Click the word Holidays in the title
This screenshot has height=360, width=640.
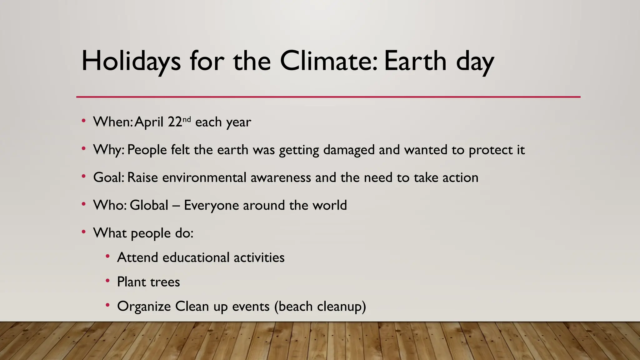coord(131,61)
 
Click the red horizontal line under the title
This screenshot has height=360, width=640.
coord(328,97)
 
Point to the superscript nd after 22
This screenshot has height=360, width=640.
coord(187,119)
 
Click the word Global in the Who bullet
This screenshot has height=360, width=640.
coord(149,205)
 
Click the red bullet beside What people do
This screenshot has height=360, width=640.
coord(83,232)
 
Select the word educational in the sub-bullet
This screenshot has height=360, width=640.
coord(196,257)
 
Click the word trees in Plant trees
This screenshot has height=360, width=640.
coord(165,282)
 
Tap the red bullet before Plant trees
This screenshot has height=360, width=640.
coord(107,281)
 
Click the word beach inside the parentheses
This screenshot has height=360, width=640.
coord(296,306)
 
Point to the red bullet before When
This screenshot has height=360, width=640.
coord(83,121)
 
